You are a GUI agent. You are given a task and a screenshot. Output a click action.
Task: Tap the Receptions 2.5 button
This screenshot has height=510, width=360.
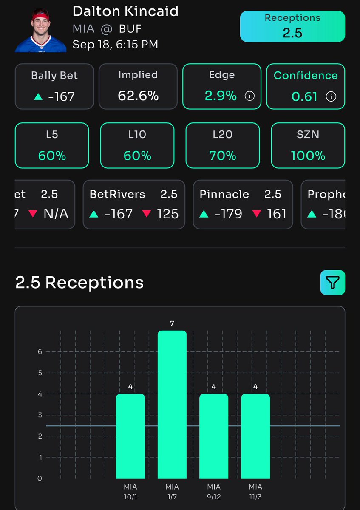(292, 26)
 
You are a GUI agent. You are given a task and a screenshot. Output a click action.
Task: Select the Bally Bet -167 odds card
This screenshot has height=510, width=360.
(54, 86)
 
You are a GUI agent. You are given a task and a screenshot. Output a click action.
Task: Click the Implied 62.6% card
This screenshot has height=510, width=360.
(138, 86)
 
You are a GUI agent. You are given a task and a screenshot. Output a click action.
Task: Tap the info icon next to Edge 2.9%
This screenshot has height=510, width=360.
(250, 96)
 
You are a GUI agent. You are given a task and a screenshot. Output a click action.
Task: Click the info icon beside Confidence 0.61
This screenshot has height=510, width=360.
(330, 96)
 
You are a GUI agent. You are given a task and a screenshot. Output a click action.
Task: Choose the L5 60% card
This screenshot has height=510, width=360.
(52, 145)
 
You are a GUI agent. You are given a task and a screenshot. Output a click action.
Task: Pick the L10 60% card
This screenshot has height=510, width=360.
(137, 145)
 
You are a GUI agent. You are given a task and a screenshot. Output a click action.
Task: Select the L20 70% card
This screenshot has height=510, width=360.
(223, 145)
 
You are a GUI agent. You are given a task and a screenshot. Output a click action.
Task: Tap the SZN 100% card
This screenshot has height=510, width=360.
(308, 145)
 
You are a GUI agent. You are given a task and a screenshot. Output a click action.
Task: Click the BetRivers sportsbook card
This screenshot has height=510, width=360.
(133, 204)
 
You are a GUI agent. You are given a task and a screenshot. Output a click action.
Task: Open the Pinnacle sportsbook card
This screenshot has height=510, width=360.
(243, 204)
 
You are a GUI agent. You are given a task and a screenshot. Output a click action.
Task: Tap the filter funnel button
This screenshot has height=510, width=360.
(332, 282)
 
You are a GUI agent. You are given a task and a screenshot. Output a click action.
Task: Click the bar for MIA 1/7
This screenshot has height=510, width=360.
(172, 404)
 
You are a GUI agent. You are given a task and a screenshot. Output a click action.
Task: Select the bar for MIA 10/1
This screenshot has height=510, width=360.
(130, 436)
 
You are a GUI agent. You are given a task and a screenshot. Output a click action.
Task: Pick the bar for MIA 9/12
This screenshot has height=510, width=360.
(214, 436)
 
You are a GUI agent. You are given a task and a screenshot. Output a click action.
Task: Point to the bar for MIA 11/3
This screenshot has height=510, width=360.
(255, 436)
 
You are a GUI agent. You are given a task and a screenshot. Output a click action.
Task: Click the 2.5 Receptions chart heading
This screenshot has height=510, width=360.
(79, 283)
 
